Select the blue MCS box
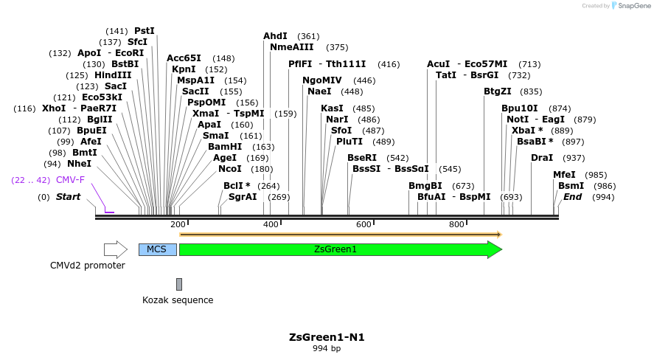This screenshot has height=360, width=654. [x=157, y=249]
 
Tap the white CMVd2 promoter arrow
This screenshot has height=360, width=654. [x=116, y=249]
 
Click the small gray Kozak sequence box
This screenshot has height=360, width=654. [x=178, y=284]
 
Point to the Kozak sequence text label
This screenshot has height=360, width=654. [x=178, y=300]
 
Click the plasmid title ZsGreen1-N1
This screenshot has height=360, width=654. [x=327, y=337]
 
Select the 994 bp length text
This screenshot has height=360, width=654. [x=327, y=348]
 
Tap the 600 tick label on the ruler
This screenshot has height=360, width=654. [x=363, y=224]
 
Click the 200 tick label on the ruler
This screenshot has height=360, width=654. [x=178, y=224]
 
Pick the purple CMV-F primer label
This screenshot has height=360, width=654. [x=70, y=180]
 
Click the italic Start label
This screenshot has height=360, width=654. [x=68, y=197]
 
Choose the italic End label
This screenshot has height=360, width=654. [x=573, y=197]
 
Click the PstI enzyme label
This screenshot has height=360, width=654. [x=145, y=31]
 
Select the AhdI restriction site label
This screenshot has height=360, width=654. [x=275, y=36]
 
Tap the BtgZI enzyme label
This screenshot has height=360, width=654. [x=497, y=91]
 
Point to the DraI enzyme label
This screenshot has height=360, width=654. [x=542, y=158]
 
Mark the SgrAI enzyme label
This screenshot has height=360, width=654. [x=243, y=197]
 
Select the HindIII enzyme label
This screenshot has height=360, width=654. [x=113, y=75]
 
